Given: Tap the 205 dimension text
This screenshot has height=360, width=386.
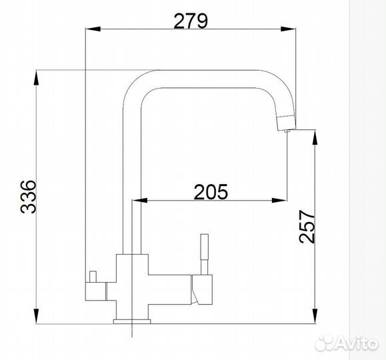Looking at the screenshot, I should pyautogui.click(x=211, y=191).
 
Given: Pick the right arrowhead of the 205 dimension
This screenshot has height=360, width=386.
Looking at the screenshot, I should pyautogui.click(x=282, y=200).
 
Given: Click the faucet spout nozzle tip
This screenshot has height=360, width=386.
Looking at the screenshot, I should pyautogui.click(x=285, y=123).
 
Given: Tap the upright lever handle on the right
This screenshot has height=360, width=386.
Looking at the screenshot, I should pyautogui.click(x=204, y=253).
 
